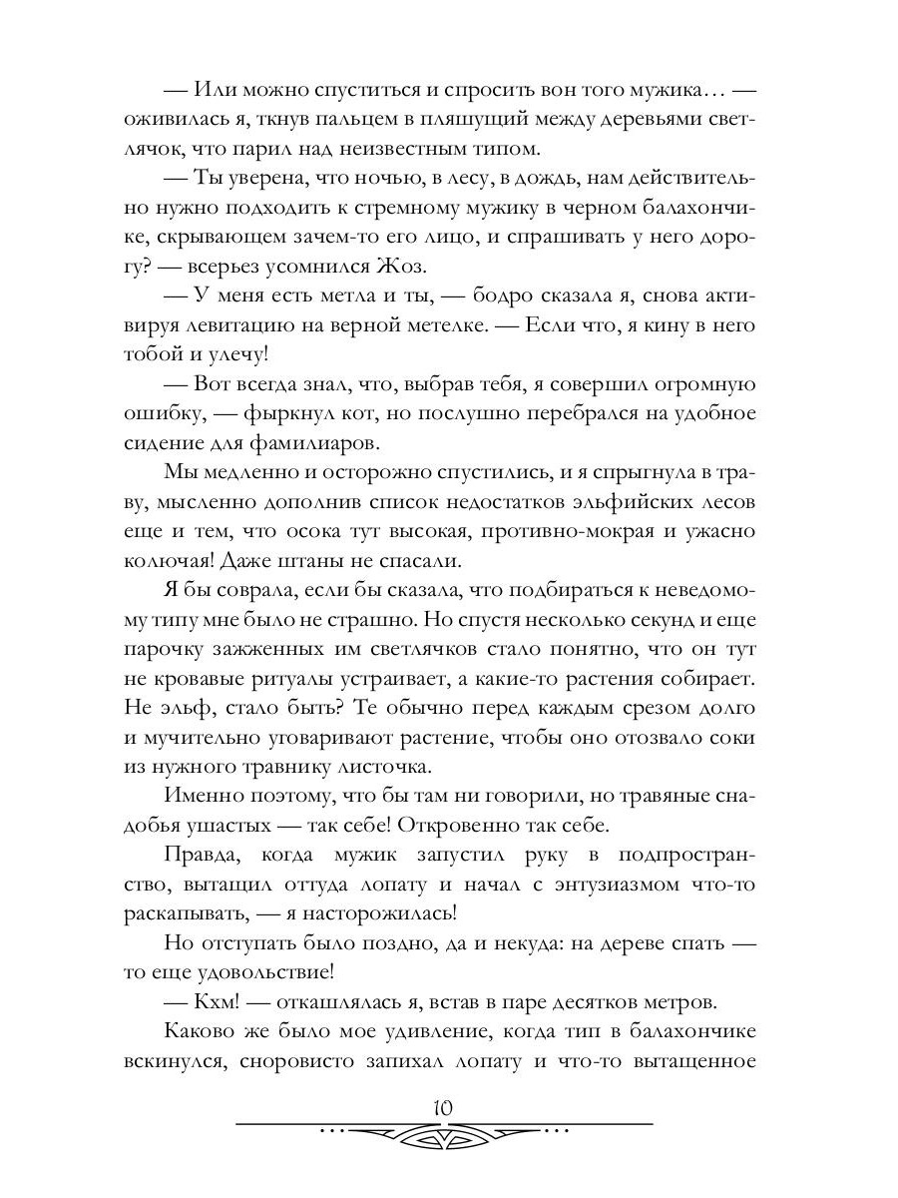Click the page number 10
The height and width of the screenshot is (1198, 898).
point(445,1108)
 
